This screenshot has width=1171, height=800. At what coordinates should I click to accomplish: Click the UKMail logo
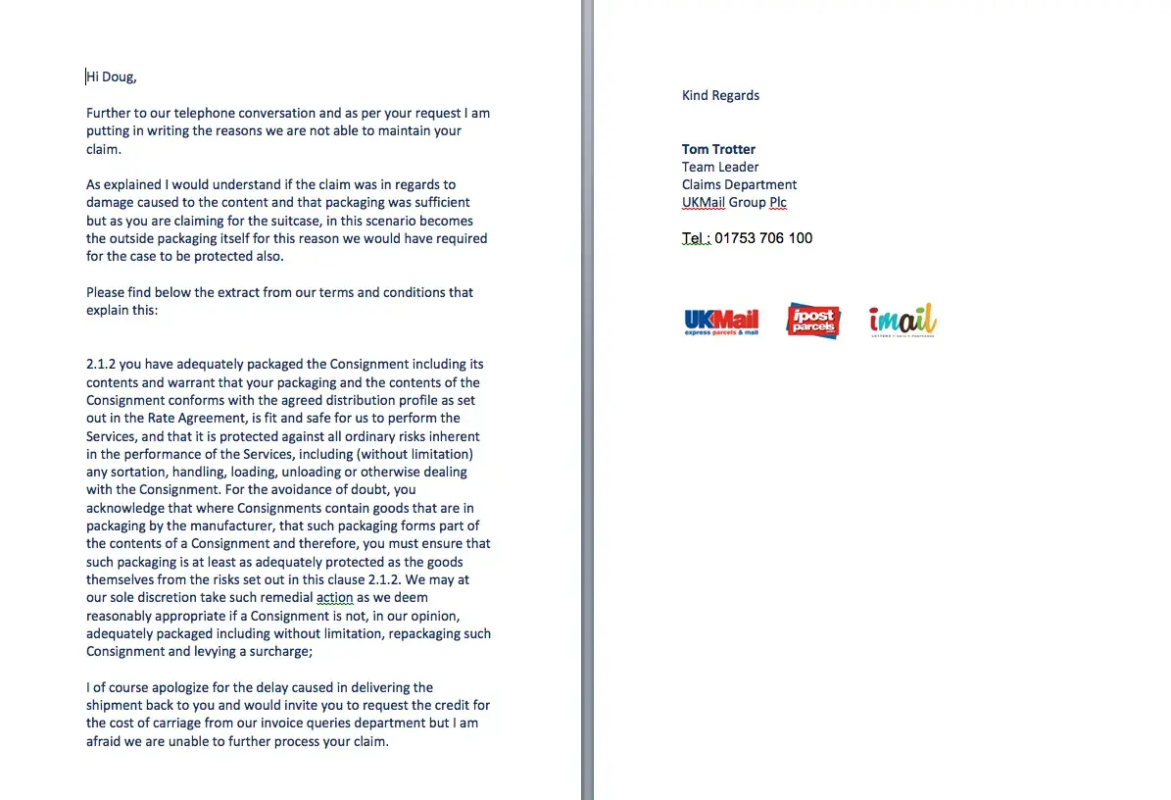[721, 322]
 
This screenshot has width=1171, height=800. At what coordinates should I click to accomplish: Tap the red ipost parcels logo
[813, 321]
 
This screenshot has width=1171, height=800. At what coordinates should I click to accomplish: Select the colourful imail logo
[902, 321]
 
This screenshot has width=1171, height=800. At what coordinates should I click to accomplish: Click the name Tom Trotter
[718, 149]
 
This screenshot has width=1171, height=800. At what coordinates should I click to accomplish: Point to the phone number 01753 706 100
[763, 238]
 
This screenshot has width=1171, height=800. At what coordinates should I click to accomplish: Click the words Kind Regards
[720, 95]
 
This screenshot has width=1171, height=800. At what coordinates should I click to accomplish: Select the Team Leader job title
[720, 167]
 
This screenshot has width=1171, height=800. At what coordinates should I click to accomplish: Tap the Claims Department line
[739, 184]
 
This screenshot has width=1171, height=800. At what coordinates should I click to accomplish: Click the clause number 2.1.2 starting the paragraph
[101, 365]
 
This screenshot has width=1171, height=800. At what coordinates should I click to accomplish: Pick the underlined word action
[334, 598]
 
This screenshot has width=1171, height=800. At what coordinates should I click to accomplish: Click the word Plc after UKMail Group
[777, 203]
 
